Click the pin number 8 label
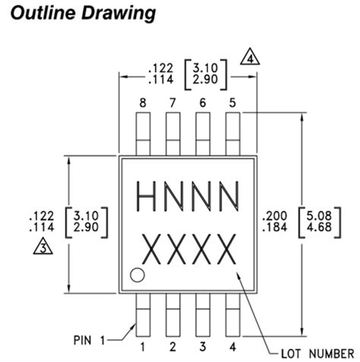141,102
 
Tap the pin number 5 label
232,102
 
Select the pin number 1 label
141,328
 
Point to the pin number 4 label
232,328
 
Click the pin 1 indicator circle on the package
137,275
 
